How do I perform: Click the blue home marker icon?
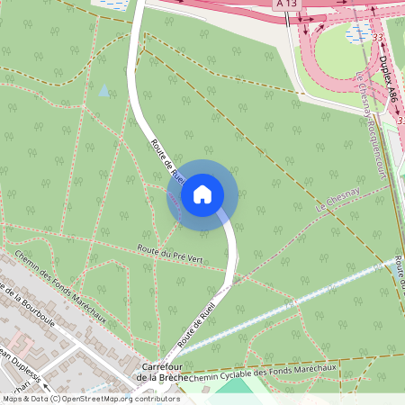(x=202, y=193)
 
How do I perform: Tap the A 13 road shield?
(x=286, y=4)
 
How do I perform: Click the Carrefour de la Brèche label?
(x=162, y=373)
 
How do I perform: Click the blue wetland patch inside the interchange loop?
(x=360, y=34)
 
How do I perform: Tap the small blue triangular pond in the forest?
(x=104, y=91)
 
